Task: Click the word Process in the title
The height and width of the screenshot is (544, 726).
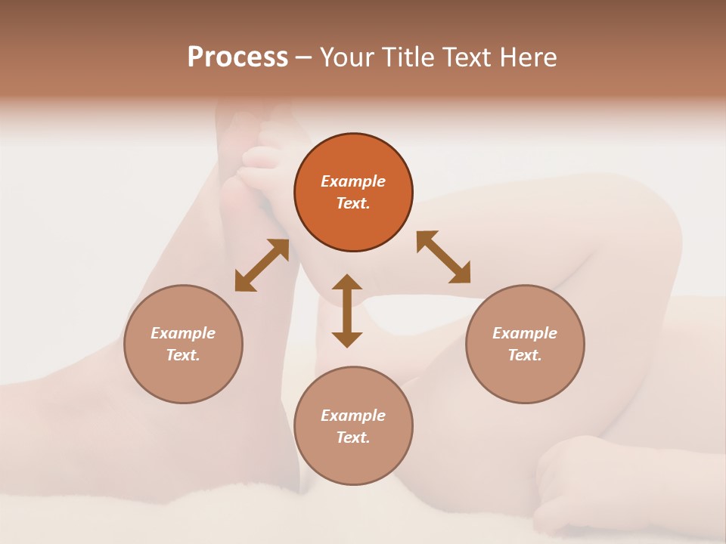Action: click(x=237, y=57)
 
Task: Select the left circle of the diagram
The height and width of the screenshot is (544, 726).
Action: click(x=183, y=344)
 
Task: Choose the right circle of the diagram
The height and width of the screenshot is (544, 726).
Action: click(x=525, y=344)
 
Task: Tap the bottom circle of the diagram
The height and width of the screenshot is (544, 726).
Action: click(x=353, y=425)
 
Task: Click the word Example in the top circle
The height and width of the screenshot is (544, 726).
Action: click(x=353, y=181)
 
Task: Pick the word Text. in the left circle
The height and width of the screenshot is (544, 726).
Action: click(x=183, y=355)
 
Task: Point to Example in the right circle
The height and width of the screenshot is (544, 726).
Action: click(x=525, y=333)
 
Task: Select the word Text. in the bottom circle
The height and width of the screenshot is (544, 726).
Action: click(x=353, y=437)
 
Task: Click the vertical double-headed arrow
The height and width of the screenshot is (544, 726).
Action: click(x=347, y=311)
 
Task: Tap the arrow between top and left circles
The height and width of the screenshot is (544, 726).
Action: click(x=262, y=265)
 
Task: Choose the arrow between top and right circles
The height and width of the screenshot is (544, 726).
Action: click(x=443, y=257)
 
